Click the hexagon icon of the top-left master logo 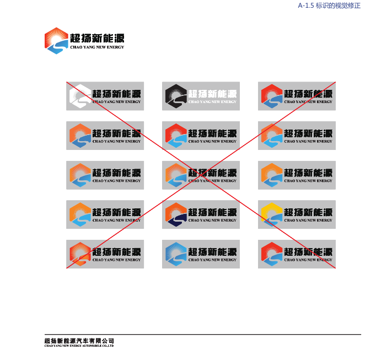coord(56,41)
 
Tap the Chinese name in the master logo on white coord(97,38)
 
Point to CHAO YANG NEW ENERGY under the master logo coord(97,47)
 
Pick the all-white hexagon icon coord(80,96)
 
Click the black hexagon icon coord(176,96)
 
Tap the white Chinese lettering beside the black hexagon coord(212,94)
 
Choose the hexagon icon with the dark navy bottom coord(176,214)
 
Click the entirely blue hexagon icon coord(176,254)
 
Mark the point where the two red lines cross coord(201,175)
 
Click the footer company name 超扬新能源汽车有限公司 coord(79,341)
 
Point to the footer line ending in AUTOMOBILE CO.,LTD coord(79,346)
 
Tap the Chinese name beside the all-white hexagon coord(116,94)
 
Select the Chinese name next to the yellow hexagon coord(308,212)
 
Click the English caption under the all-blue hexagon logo coord(212,260)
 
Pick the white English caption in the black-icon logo coord(212,102)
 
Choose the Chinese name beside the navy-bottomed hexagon coord(212,212)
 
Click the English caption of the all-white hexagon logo coord(116,102)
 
